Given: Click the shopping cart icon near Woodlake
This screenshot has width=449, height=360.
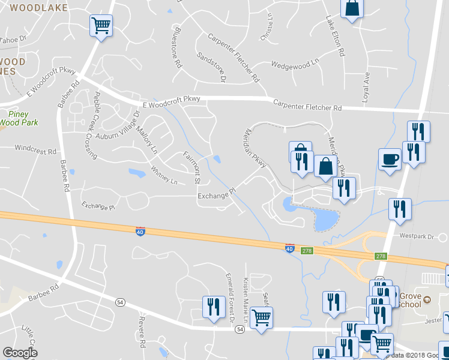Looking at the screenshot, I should click(x=101, y=26).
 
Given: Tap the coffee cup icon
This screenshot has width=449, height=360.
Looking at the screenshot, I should click(x=390, y=160).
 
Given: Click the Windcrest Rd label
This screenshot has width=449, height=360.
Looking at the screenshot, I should click(x=35, y=148).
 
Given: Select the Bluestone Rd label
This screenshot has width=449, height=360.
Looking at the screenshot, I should click(x=176, y=46).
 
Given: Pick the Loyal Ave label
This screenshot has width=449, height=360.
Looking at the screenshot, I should click(x=366, y=87).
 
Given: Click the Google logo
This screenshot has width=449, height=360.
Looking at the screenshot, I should click(x=20, y=352).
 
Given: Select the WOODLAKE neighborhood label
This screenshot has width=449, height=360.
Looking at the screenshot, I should click(x=38, y=8).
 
